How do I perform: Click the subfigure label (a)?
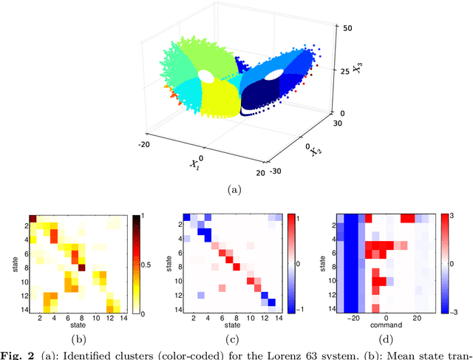click(x=236, y=190)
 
